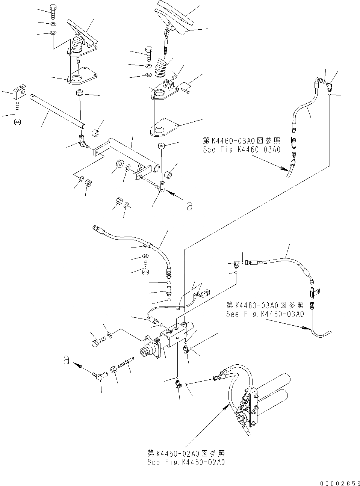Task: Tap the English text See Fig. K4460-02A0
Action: click(x=186, y=462)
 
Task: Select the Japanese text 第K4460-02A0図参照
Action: click(x=187, y=454)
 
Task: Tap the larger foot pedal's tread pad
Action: click(x=174, y=15)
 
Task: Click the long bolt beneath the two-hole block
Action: click(x=17, y=112)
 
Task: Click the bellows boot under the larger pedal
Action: click(x=162, y=67)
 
